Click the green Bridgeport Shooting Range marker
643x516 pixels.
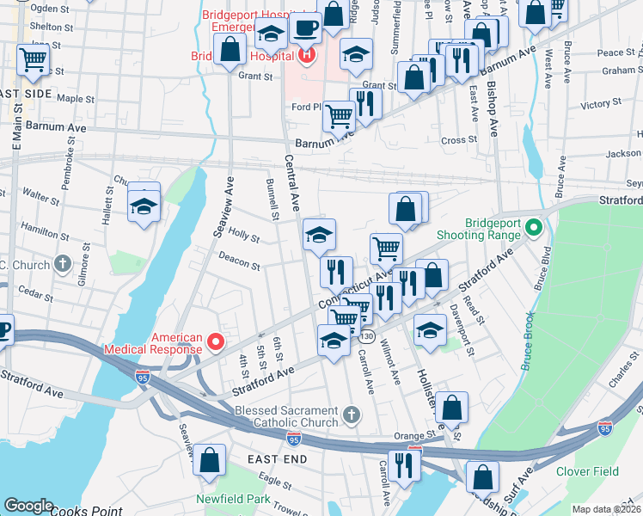coord(533,228)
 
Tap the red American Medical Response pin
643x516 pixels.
coord(218,344)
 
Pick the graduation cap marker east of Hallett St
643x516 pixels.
coord(144,206)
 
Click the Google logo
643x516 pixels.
coord(28,506)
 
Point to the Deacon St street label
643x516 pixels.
coord(239,261)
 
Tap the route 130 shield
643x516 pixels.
coord(368,335)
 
